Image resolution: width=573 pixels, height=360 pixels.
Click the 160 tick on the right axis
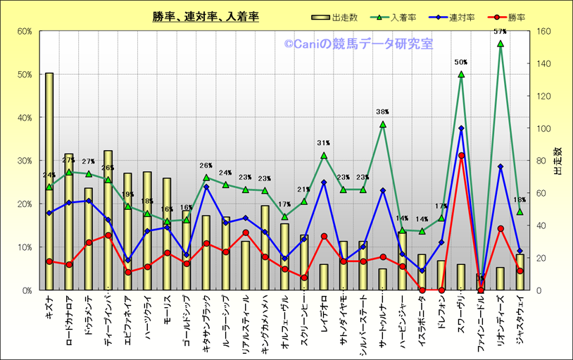click(544, 31)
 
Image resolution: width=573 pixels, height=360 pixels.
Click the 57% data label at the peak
click(500, 32)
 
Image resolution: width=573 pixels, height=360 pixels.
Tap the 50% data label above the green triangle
click(461, 62)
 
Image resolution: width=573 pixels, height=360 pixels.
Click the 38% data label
click(383, 112)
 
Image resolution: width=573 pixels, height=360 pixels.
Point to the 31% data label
click(324, 144)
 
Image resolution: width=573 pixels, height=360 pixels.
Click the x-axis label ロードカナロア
click(69, 317)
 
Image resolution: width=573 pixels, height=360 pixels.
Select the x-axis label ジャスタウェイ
click(520, 318)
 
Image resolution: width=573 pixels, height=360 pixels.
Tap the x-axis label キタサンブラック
click(206, 322)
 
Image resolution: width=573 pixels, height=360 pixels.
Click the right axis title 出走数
click(558, 161)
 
